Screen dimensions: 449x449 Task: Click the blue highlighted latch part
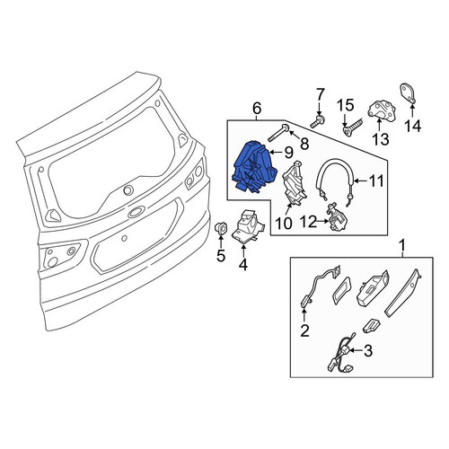(254, 167)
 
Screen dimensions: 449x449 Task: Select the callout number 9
(288, 153)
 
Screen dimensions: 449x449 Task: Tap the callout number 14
(413, 126)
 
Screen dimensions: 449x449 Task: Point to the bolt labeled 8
(277, 133)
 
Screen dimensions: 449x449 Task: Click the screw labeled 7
(316, 121)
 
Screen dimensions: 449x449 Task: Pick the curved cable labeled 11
(336, 181)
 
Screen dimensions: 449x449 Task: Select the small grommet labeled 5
(221, 229)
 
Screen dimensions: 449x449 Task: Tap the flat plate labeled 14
(409, 94)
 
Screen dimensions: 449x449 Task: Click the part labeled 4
(248, 225)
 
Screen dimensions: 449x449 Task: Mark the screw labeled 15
(352, 128)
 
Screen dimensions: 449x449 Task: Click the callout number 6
(257, 109)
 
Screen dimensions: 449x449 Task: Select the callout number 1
(403, 245)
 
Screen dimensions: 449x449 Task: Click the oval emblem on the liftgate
(136, 212)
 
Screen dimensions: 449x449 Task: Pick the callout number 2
(304, 330)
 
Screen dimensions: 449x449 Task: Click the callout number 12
(309, 222)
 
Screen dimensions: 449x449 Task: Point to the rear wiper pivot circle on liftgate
(128, 190)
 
